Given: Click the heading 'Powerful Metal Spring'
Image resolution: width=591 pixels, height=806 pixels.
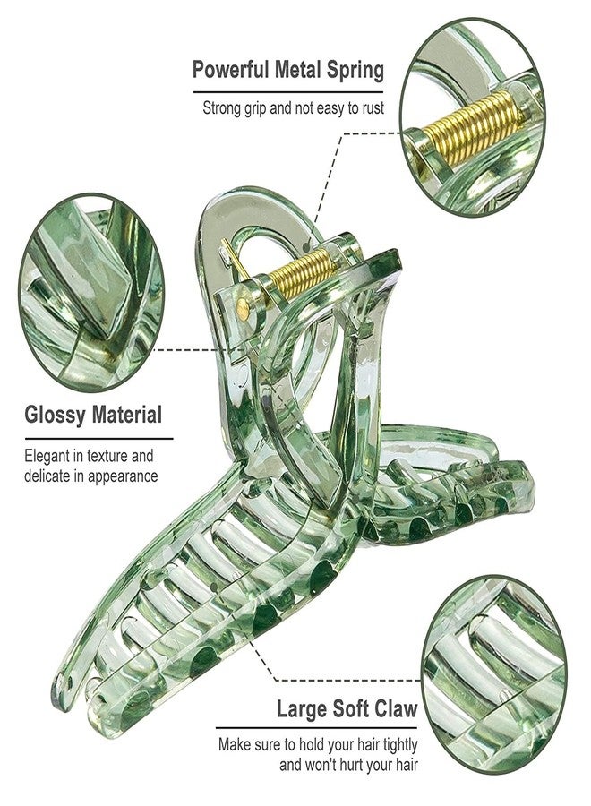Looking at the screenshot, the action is point(287,70).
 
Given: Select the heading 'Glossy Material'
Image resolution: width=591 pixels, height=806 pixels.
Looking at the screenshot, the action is point(93,415).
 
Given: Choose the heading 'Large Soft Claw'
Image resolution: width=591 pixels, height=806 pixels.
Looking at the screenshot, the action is point(347,709).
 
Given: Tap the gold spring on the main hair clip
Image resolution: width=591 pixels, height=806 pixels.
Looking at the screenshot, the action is point(301,273).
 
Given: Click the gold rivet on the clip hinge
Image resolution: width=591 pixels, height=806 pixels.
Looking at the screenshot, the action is point(243,309).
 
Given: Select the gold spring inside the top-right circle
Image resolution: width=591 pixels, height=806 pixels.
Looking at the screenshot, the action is point(472,127).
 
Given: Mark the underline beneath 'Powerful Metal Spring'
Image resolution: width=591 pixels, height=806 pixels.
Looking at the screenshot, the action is point(288,92).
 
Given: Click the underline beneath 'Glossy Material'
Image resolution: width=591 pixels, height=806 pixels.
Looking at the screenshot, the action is point(98,439).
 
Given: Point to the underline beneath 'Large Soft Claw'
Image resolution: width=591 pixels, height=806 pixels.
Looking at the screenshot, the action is point(317,728).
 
